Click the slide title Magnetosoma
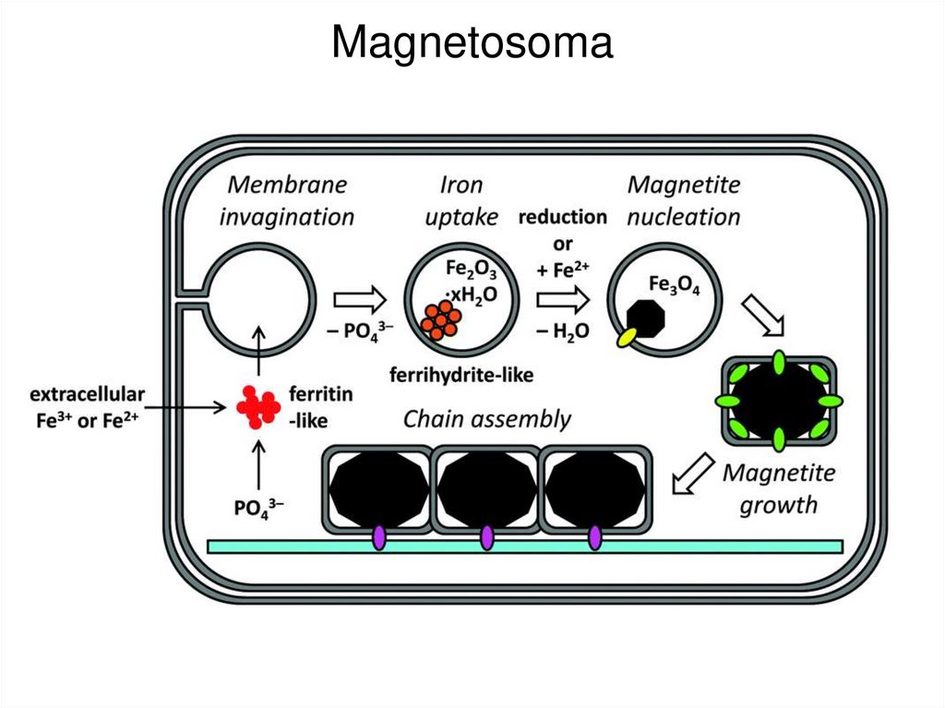point(472,42)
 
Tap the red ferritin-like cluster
point(257,405)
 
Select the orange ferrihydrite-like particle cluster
point(439,318)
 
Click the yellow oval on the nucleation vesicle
point(628,338)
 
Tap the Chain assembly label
point(486,419)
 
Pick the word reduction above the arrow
point(562,217)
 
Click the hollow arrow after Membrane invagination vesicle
point(360,300)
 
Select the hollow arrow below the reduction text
point(563,300)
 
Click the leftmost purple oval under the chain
point(378,537)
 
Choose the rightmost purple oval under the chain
point(594,537)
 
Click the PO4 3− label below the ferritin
point(258,507)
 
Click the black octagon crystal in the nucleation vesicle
point(645,316)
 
